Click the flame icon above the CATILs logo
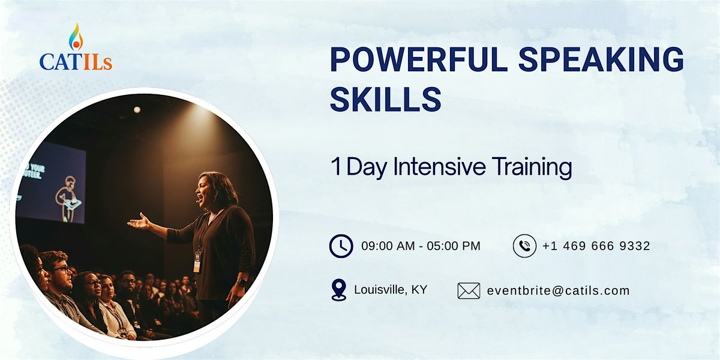pos(76,37)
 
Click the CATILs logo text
pos(76,62)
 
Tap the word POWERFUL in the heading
pos(419,60)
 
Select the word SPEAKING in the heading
pos(601,60)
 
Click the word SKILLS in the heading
pos(386,99)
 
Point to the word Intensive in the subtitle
pos(439,167)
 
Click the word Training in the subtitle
pos(532,167)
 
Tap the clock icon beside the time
pos(341,246)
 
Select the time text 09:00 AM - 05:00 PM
pos(421,246)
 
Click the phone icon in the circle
pos(524,246)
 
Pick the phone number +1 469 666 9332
pos(596,246)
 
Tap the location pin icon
pos(339,290)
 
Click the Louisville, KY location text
pos(391,290)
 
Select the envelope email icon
pos(469,291)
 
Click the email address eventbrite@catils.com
pos(559,290)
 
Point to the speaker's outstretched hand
pos(139,223)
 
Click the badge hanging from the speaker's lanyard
pos(197,262)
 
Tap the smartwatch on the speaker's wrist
pos(242,283)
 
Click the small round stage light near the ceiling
pos(137,110)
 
